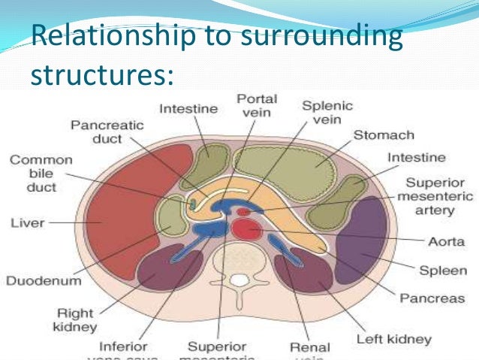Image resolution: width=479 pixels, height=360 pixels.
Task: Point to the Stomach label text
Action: [x=384, y=135]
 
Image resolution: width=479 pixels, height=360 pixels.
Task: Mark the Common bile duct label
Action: [x=41, y=174]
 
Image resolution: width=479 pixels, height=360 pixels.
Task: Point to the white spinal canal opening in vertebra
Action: [x=239, y=282]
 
